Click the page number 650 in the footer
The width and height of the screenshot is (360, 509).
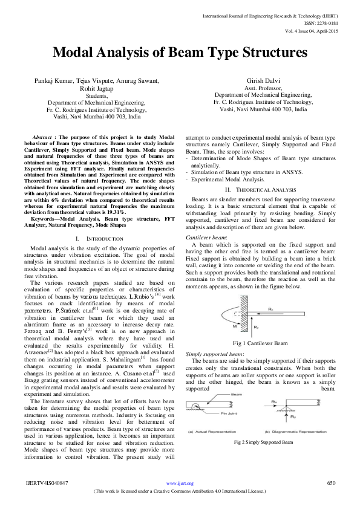click(x=331, y=483)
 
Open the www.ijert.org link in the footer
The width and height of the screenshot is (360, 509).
click(x=180, y=484)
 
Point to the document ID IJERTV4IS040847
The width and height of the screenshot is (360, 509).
click(x=47, y=483)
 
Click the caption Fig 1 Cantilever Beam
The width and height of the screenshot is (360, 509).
click(x=260, y=343)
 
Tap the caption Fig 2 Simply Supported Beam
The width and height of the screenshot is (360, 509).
click(x=264, y=443)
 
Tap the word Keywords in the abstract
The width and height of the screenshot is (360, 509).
click(x=46, y=201)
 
